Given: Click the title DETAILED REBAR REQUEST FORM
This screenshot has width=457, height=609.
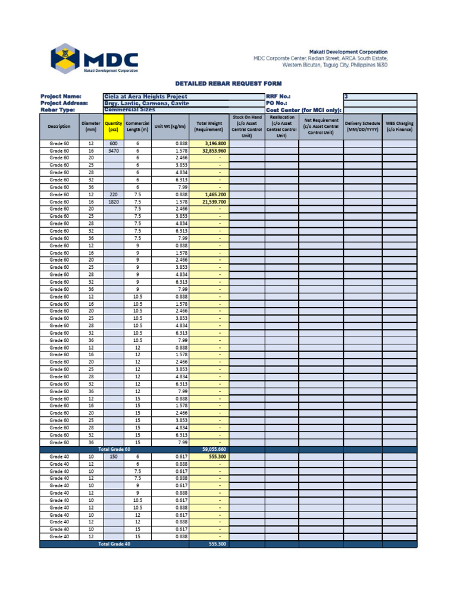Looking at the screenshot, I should [228, 83].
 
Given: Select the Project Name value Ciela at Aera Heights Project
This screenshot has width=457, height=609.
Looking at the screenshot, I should [145, 96].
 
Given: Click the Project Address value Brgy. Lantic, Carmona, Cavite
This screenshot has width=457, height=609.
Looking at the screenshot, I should [146, 103].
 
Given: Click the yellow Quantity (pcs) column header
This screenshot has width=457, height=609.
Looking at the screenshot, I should [113, 126].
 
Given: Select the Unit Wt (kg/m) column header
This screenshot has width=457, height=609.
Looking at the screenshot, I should [170, 126].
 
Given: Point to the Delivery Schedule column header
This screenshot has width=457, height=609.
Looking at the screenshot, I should [362, 126].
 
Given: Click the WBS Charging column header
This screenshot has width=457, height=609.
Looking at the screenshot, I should [399, 126].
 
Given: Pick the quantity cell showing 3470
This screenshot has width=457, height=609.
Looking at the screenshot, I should [113, 151].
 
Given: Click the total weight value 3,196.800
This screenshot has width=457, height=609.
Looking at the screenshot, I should [215, 144].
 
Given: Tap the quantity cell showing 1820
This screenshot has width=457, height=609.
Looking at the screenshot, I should [113, 202].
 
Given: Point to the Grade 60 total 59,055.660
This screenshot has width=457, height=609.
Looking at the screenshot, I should [214, 450].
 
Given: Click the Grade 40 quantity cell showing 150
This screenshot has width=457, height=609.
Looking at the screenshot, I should [113, 457].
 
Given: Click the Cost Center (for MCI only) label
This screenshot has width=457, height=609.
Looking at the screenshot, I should [303, 110].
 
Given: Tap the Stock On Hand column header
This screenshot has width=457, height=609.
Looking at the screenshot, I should [247, 126].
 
